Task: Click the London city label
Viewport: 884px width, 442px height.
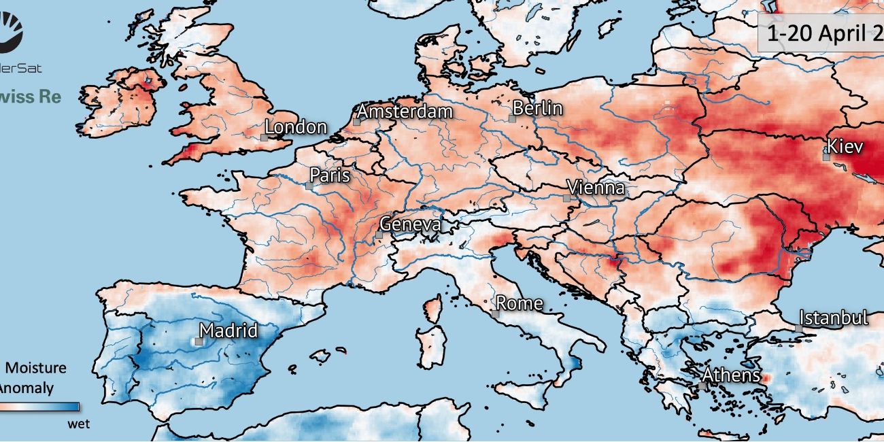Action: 296,127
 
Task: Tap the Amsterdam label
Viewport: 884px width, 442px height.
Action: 405,112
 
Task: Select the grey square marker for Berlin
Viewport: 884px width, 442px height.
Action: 512,118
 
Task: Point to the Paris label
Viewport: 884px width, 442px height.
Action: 330,175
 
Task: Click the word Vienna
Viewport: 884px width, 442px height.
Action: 596,188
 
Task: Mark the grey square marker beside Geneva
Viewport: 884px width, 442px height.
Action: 379,235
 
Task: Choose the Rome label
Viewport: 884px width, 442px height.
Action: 520,303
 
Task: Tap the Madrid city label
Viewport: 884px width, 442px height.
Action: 228,331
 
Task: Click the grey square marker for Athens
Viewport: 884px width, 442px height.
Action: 702,386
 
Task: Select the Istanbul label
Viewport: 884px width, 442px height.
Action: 834,318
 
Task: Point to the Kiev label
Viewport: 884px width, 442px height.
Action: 845,146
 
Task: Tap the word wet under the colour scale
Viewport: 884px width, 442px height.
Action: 79,424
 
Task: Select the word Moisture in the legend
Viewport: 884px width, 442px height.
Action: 37,368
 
